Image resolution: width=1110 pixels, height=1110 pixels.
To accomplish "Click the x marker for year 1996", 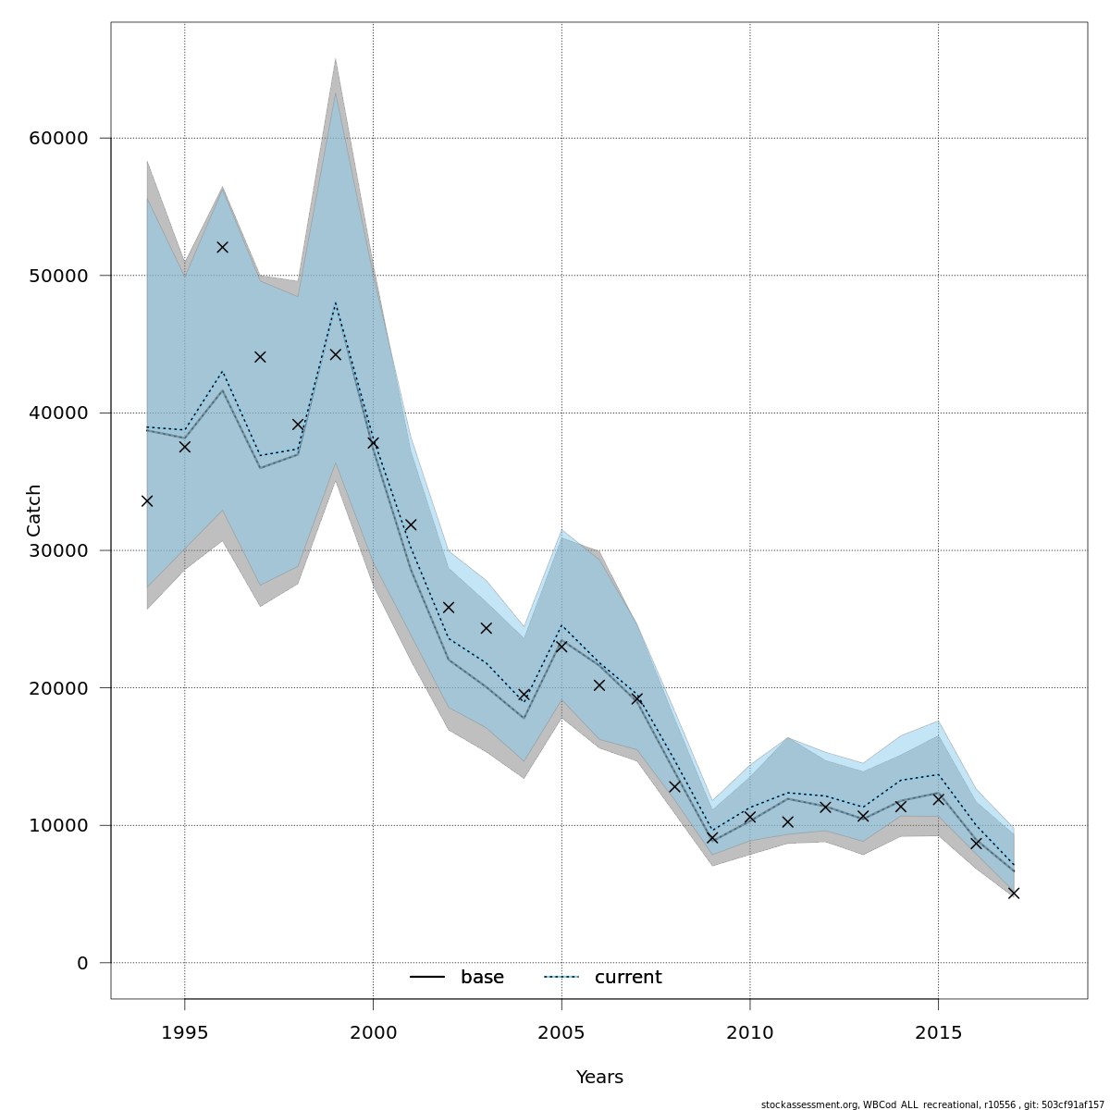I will (x=222, y=247).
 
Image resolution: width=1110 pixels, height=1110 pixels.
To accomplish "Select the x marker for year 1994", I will (x=147, y=500).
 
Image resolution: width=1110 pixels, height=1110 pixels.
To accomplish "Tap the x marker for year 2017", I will (x=1014, y=893).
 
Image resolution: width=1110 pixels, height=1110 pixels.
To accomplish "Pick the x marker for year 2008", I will (x=674, y=786).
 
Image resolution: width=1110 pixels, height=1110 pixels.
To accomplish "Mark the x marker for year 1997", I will (x=260, y=356).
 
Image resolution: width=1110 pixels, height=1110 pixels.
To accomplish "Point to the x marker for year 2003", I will (x=486, y=628).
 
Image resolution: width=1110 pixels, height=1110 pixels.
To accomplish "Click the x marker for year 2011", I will (x=787, y=821).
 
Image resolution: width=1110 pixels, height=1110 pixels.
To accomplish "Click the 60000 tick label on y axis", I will (x=58, y=139).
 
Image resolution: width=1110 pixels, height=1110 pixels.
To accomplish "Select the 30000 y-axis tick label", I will (x=58, y=550).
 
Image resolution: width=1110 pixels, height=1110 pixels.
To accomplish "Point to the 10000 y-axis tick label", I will (x=58, y=825).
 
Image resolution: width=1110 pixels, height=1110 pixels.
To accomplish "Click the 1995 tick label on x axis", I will (x=184, y=1032).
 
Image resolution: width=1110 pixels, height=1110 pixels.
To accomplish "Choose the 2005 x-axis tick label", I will (x=561, y=1032).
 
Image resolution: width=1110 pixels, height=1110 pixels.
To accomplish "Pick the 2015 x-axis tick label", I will (x=938, y=1032).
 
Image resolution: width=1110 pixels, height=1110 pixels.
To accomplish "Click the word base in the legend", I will (x=482, y=978).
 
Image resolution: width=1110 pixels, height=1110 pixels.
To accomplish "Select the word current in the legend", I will (x=628, y=978).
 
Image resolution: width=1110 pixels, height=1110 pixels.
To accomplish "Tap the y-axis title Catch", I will (x=34, y=511).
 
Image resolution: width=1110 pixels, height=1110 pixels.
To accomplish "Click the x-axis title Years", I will (x=599, y=1078).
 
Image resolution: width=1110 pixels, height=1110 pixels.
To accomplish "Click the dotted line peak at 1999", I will (x=336, y=302).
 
